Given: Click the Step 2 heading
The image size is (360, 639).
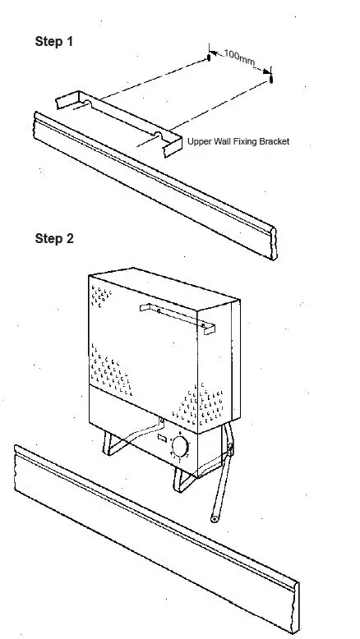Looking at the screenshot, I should (54, 239).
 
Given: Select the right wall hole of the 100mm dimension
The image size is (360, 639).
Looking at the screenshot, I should (272, 80).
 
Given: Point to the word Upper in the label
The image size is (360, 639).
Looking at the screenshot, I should (200, 141).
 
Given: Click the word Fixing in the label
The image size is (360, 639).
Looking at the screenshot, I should (238, 141).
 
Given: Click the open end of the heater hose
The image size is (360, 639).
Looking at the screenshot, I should (212, 518).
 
